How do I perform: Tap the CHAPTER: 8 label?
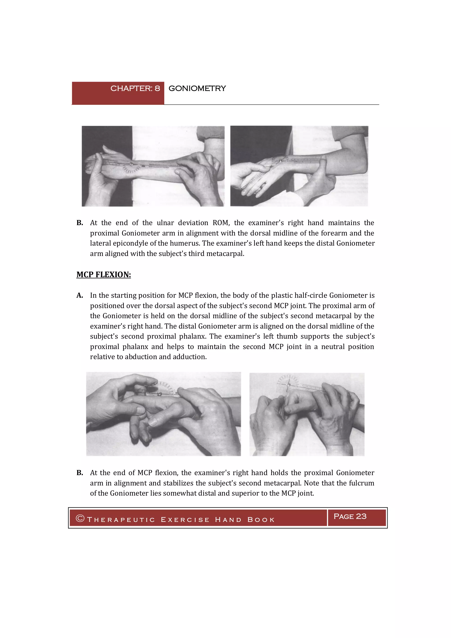coord(135,88)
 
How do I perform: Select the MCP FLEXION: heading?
coord(104,274)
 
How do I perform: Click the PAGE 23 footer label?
coord(350,516)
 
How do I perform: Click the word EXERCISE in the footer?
coord(185,520)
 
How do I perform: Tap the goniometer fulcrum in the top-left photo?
coord(131,165)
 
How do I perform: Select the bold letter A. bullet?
coord(80,295)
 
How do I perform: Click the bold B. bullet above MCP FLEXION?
coord(80,223)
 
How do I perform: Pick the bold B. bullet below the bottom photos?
coord(80,473)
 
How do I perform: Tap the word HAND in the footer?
coord(228,520)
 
